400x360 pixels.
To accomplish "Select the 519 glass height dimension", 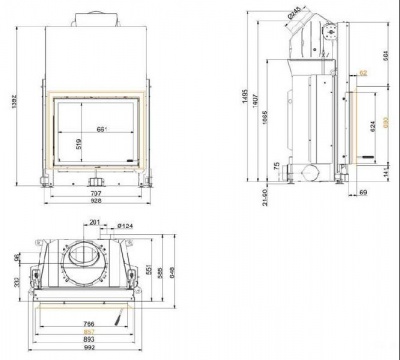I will point(79,142).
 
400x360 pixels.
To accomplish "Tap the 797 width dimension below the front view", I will point(96,192).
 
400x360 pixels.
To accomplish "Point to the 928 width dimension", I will point(96,202).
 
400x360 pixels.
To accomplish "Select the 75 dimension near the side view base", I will point(274,166).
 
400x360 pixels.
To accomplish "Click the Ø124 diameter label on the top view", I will point(126,224).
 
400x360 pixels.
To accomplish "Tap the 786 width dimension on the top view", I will point(88,324).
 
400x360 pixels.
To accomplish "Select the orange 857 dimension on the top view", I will point(88,332).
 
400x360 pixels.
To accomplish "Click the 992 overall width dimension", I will point(88,350).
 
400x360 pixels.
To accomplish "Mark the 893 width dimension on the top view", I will point(88,341).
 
